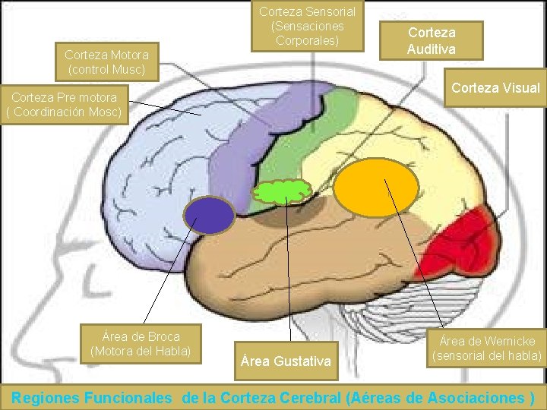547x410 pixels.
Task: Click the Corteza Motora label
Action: point(106,62)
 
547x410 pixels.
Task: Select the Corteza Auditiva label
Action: point(432,41)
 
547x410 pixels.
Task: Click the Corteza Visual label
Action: point(495,88)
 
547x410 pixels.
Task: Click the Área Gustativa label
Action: point(286,361)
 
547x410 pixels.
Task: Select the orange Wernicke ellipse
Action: point(377,188)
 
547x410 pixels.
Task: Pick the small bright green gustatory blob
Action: point(282,191)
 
